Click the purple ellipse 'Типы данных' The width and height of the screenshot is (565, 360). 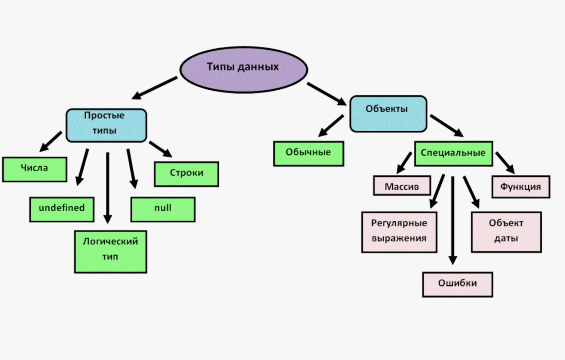tap(243, 69)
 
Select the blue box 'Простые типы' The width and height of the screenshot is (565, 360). tap(106, 125)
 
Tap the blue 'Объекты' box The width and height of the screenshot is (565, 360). tap(388, 114)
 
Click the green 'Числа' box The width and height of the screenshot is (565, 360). tap(35, 169)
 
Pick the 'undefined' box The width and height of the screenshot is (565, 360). tap(62, 209)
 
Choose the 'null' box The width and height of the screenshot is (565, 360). tap(163, 209)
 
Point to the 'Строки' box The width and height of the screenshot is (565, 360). tap(187, 174)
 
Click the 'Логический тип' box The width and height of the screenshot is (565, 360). tap(110, 252)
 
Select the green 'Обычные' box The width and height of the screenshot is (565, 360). tap(308, 154)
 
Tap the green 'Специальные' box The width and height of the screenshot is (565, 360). tap(453, 154)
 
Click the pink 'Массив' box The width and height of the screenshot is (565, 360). tap(402, 186)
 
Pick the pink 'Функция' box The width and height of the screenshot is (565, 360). tap(521, 187)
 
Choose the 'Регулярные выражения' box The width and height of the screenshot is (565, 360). tap(399, 232)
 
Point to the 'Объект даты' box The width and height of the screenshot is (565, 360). tap(506, 232)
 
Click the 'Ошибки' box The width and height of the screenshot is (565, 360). tap(457, 284)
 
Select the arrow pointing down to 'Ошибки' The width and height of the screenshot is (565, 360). tap(452, 220)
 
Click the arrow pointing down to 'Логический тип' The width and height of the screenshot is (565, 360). tap(107, 187)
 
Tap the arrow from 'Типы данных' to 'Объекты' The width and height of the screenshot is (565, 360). tap(326, 94)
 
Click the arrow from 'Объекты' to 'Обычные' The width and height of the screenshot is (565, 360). tap(331, 126)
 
